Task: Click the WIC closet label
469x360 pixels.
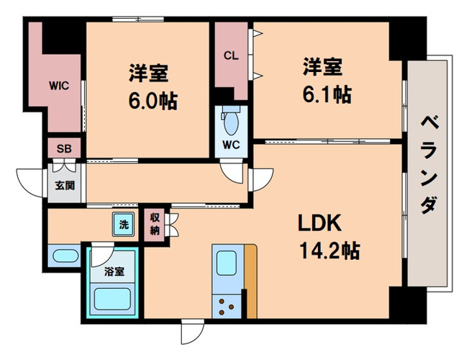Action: (x=59, y=86)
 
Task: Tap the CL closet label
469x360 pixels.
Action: (x=231, y=55)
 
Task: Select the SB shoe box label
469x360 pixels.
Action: (x=64, y=148)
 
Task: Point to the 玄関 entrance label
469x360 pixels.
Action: (x=65, y=186)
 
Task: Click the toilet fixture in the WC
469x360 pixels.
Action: (x=231, y=121)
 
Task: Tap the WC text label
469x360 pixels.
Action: (x=231, y=145)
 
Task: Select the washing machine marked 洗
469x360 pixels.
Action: (x=124, y=224)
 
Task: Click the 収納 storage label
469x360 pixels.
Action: (x=155, y=225)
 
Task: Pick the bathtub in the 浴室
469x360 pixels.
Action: (x=112, y=299)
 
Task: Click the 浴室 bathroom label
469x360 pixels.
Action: (x=114, y=271)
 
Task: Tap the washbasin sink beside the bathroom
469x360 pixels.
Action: (x=65, y=256)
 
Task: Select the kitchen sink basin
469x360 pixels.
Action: (x=226, y=263)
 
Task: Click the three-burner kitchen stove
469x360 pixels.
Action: (x=226, y=306)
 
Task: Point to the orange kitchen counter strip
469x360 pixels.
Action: (x=250, y=282)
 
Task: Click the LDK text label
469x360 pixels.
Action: (x=320, y=223)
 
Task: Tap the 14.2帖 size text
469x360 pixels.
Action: (x=329, y=250)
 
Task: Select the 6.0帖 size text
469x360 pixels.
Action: (x=153, y=101)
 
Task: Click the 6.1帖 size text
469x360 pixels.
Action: (x=327, y=94)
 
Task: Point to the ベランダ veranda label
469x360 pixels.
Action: (x=430, y=165)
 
